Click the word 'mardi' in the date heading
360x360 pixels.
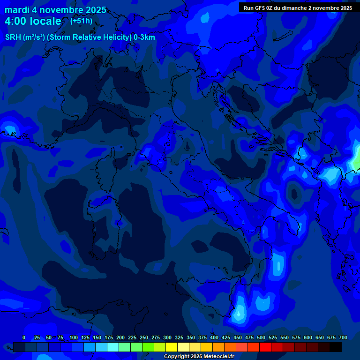[x=17, y=10]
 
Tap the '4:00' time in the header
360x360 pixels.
[x=16, y=21]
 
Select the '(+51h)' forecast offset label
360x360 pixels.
[x=81, y=21]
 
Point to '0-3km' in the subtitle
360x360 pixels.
[x=144, y=37]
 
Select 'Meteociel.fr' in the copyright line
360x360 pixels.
[x=218, y=357]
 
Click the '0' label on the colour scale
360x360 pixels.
[x=24, y=337]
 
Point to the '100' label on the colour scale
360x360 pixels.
[x=74, y=337]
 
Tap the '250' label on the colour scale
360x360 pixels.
[x=144, y=337]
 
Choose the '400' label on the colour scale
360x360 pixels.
[x=214, y=337]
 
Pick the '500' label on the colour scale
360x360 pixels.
[x=261, y=337]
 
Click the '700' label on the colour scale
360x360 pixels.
[x=343, y=337]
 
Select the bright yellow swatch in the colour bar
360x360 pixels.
[x=172, y=347]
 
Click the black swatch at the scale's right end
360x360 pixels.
[x=336, y=347]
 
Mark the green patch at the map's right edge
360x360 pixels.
[x=357, y=159]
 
